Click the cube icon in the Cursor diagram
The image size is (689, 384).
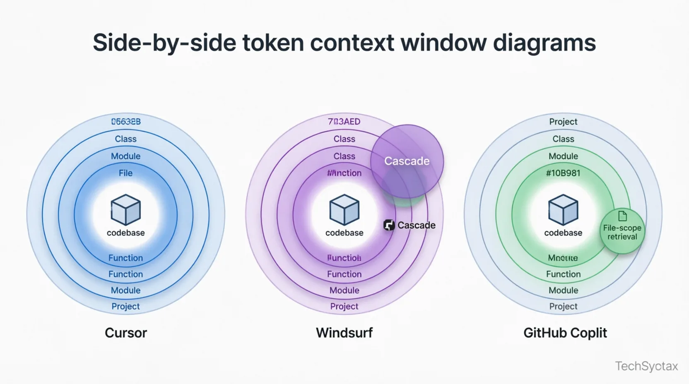coord(125,209)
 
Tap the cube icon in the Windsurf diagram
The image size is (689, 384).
coord(344,209)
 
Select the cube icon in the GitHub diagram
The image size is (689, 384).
coord(563,209)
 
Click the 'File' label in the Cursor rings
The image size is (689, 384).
coord(125,173)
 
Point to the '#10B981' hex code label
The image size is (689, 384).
coord(563,173)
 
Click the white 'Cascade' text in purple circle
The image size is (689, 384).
coord(407,161)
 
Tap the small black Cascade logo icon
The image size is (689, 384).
coord(389,225)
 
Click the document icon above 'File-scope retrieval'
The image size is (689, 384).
coord(622,216)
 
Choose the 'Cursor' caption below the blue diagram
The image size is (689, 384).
coord(125,333)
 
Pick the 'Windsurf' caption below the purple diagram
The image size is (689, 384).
coord(344,333)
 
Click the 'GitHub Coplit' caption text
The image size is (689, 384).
coord(565,333)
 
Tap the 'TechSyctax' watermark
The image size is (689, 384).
coord(646,366)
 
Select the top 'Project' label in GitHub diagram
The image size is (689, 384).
coord(563,122)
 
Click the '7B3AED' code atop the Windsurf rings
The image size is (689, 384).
coord(344,122)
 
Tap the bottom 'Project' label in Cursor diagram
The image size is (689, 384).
coord(125,306)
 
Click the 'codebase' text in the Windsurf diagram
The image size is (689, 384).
coord(344,233)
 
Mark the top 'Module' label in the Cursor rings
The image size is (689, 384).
coord(125,156)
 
